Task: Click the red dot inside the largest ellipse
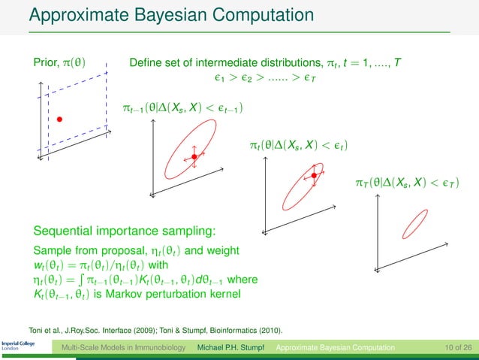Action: (x=194, y=156)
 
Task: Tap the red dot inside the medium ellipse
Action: (x=315, y=176)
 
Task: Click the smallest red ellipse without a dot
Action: (x=414, y=223)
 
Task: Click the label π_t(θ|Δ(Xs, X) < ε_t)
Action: (x=301, y=143)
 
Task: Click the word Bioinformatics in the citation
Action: (x=231, y=329)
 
